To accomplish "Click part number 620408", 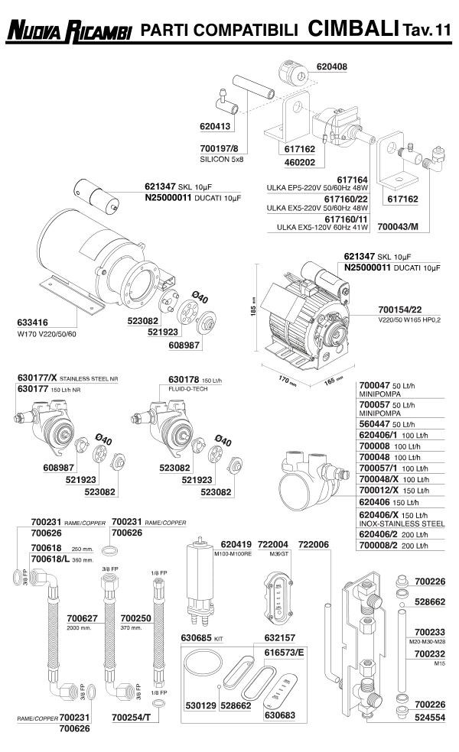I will point(331,66).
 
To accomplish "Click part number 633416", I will point(34,323).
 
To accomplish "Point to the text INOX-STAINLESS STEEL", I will point(402,524).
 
